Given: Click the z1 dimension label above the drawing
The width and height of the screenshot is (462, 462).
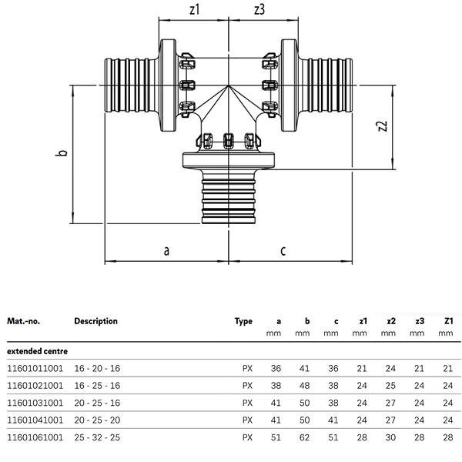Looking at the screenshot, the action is tap(195, 9).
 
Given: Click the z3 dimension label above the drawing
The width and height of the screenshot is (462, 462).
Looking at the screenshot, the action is tap(259, 9).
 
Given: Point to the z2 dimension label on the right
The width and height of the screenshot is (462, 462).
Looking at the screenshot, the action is tap(382, 126).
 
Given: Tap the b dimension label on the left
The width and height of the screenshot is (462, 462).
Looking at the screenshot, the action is tap(62, 153).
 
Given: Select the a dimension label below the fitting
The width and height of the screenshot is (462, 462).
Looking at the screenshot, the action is tap(166, 251).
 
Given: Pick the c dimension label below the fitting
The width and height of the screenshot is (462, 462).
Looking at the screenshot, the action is tap(283, 251).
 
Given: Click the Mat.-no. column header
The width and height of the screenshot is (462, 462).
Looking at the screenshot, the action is tap(23, 321).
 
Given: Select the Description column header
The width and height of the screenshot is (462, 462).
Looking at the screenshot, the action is tap(95, 321).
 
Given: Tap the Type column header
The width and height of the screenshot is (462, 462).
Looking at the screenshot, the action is tap(243, 321).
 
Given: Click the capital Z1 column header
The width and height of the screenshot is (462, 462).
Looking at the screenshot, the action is tap(448, 321).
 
